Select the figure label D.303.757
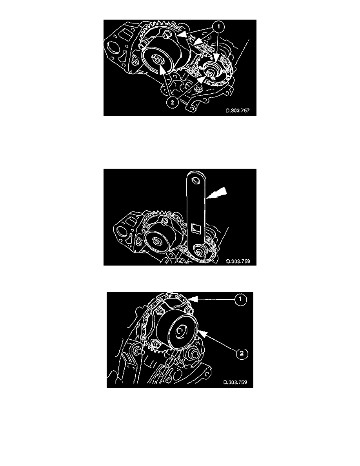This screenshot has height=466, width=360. click(237, 111)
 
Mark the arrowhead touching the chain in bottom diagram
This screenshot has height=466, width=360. click(190, 299)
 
